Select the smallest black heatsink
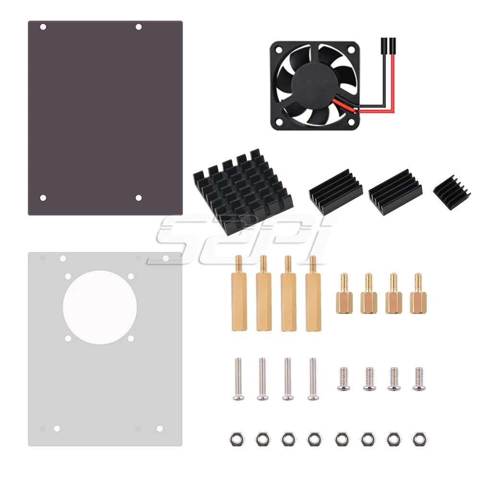click(x=452, y=193)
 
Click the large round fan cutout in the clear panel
click(x=100, y=307)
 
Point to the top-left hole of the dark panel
click(x=43, y=27)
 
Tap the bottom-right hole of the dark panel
click(x=138, y=198)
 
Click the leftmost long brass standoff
click(x=239, y=293)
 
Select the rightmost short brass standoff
click(x=418, y=294)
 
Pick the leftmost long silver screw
click(x=239, y=379)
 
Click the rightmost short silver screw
click(x=419, y=379)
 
